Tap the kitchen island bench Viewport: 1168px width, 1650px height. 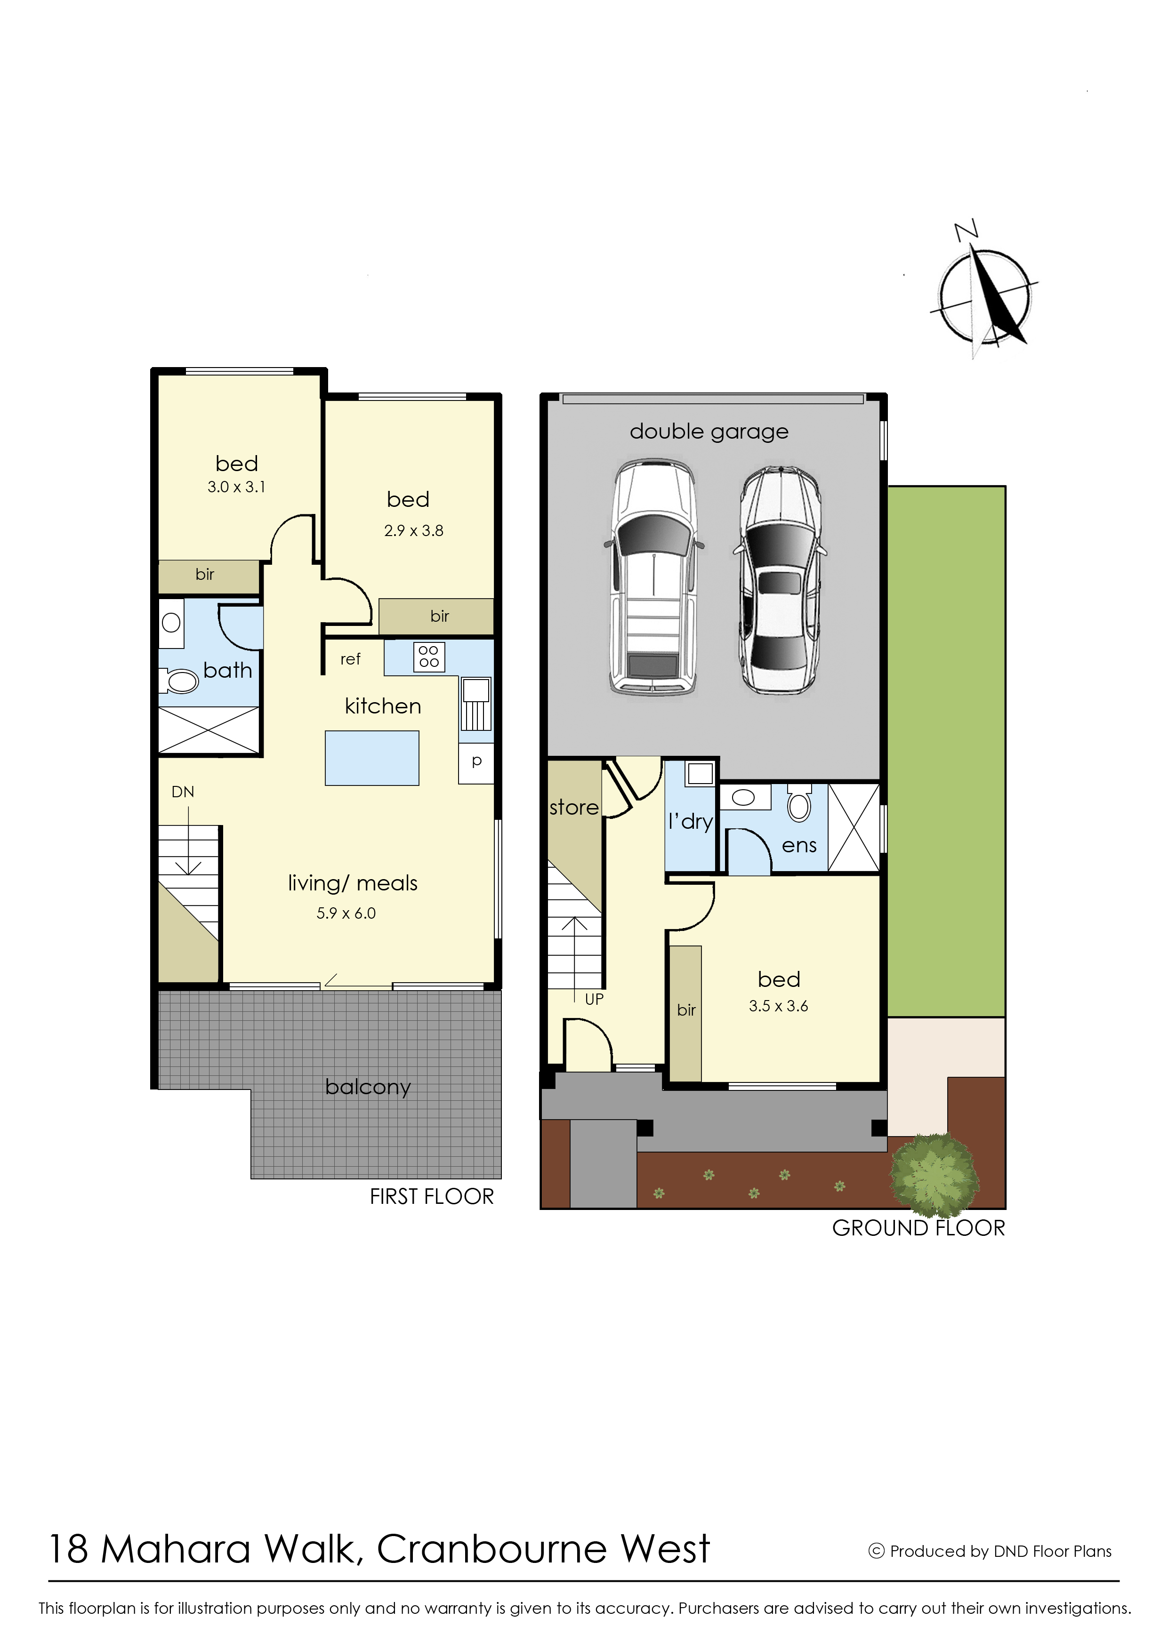tap(372, 758)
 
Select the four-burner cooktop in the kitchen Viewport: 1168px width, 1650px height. tap(429, 657)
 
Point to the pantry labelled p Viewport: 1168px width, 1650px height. tap(476, 762)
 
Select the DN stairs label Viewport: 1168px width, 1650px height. tap(183, 792)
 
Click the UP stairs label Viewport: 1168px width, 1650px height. tap(594, 999)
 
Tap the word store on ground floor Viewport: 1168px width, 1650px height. tap(574, 808)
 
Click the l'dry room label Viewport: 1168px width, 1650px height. tap(691, 821)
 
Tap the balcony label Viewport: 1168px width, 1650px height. tap(368, 1087)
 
